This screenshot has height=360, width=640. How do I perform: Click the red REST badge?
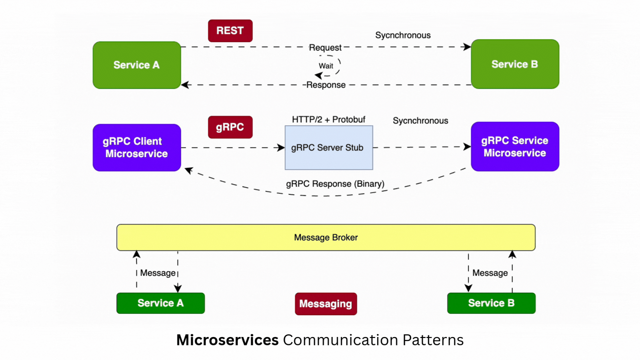click(x=230, y=31)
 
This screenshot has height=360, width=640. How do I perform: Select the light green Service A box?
click(x=137, y=65)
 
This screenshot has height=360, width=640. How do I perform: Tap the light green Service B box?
click(x=515, y=64)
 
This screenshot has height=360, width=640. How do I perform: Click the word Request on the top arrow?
click(x=325, y=48)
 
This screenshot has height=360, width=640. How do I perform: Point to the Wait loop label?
click(x=326, y=66)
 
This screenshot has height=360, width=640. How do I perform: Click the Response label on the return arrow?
click(x=326, y=85)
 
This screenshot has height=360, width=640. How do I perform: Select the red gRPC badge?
click(x=230, y=127)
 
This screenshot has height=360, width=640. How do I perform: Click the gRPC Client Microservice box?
click(x=137, y=147)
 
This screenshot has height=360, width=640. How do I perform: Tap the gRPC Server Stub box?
click(x=329, y=148)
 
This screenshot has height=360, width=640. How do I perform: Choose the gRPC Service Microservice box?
click(x=515, y=147)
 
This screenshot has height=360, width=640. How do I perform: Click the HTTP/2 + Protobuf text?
click(x=328, y=120)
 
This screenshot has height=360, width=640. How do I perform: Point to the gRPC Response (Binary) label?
click(x=335, y=184)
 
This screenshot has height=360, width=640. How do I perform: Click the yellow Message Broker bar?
click(x=326, y=237)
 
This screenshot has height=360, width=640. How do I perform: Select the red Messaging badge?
click(x=326, y=304)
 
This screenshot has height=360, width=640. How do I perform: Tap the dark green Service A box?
click(x=160, y=303)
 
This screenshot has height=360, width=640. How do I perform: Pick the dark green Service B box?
click(x=491, y=303)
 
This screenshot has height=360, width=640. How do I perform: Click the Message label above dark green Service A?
click(x=158, y=273)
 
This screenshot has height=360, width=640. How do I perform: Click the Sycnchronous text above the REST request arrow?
click(x=403, y=35)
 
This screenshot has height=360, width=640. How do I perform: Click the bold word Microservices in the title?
click(x=227, y=340)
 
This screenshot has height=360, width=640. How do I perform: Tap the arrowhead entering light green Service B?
click(x=467, y=47)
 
